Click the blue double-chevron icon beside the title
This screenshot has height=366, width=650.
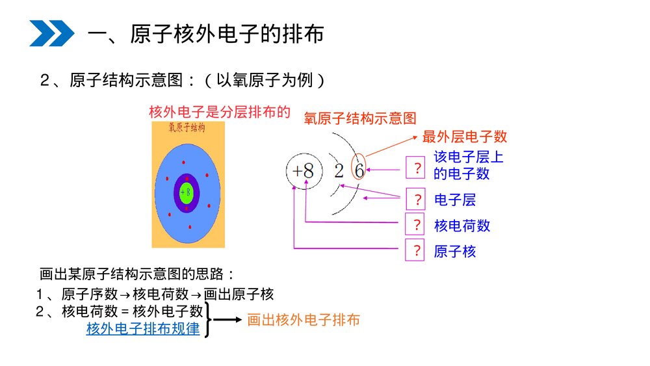52,33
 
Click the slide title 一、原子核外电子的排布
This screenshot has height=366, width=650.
205,34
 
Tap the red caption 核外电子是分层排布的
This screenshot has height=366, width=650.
219,112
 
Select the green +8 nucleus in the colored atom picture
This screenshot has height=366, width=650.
187,192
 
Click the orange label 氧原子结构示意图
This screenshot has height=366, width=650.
360,118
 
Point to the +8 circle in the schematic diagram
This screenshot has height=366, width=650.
304,172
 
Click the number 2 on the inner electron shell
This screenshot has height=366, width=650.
339,171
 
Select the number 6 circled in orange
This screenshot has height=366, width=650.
359,170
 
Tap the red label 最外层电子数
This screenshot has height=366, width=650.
465,137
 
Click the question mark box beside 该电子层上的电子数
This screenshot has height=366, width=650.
414,168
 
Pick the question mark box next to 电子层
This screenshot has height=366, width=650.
414,198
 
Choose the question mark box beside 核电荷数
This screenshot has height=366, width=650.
414,225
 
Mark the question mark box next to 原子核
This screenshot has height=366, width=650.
414,250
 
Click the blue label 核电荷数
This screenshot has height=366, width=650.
462,226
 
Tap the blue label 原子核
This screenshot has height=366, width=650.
455,252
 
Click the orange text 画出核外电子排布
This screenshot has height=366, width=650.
304,320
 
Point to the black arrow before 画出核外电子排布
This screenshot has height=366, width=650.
228,320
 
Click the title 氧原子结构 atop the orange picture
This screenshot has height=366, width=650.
187,127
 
